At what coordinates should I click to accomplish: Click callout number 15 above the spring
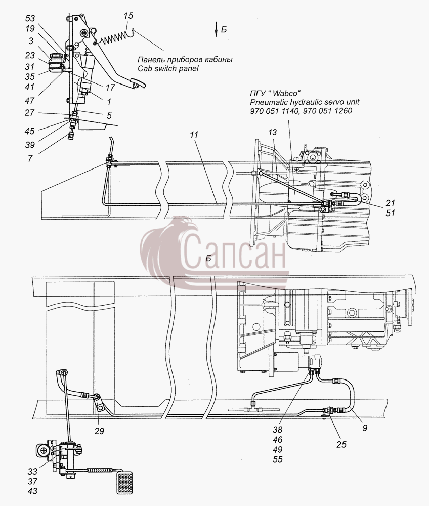(128, 16)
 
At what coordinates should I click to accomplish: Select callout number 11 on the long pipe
(194, 134)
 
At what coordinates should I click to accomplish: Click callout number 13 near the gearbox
(272, 132)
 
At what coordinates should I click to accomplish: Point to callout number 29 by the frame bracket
(99, 431)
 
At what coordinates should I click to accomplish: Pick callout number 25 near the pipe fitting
(341, 444)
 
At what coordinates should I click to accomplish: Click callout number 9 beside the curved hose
(365, 428)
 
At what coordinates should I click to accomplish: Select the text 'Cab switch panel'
(168, 68)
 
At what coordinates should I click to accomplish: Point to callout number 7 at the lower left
(30, 158)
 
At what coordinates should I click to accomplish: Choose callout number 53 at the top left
(30, 18)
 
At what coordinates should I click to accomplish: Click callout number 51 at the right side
(390, 213)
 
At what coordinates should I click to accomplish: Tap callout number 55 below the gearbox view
(277, 459)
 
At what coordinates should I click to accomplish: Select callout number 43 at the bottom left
(32, 491)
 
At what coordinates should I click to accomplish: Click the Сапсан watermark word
(234, 254)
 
